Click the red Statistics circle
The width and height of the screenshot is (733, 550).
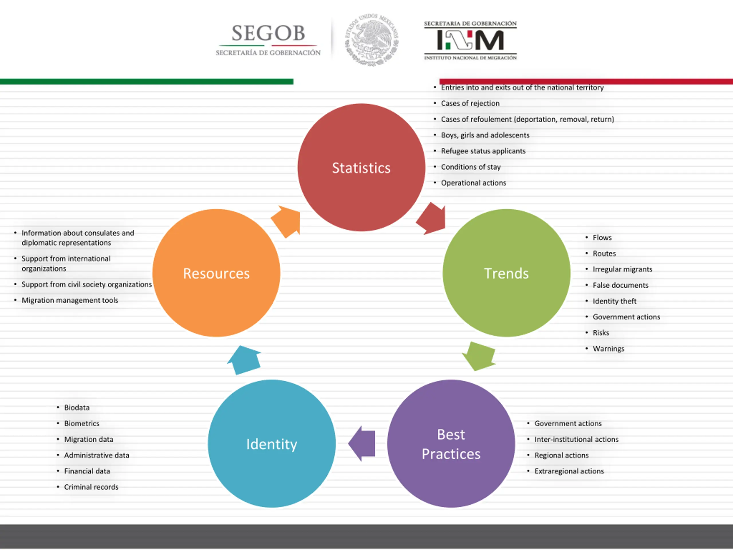point(361,167)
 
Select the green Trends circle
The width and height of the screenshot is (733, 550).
point(506,273)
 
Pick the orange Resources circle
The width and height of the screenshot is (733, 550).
point(216,273)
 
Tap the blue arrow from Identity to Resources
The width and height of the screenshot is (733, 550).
point(245,360)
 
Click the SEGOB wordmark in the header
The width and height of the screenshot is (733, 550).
point(268,33)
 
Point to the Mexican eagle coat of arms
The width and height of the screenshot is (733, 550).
point(371,40)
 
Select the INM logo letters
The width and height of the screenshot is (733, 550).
point(470,40)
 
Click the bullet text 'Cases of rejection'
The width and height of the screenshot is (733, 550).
point(470,103)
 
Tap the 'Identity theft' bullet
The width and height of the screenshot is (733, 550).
point(614,301)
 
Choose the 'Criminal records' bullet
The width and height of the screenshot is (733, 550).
point(91,487)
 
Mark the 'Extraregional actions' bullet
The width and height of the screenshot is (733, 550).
point(569,471)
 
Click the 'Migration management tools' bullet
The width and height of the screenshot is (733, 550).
point(70,300)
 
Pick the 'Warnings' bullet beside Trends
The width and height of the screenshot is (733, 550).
point(608,349)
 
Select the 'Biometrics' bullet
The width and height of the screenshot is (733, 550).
point(82,423)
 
